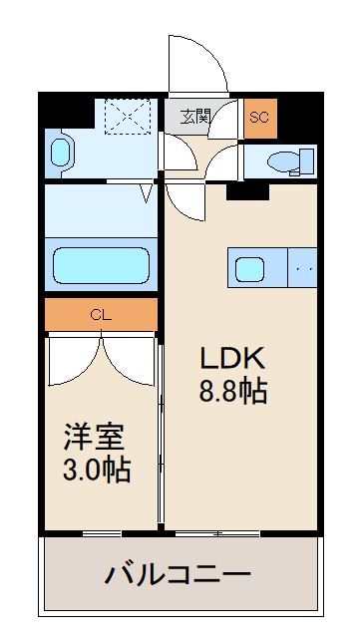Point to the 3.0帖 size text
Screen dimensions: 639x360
click(97, 469)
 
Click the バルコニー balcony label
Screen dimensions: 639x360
click(179, 574)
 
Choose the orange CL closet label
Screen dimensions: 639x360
click(100, 315)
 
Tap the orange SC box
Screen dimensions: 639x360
click(259, 117)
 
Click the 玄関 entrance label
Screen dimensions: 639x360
click(194, 117)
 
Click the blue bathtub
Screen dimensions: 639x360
click(101, 266)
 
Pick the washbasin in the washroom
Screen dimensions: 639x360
click(61, 152)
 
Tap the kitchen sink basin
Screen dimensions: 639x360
click(249, 268)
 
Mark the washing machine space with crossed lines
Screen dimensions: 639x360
click(128, 116)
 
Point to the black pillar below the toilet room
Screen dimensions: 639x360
click(239, 191)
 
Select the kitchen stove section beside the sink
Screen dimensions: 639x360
click(302, 268)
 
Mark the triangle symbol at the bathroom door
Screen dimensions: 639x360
click(148, 190)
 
